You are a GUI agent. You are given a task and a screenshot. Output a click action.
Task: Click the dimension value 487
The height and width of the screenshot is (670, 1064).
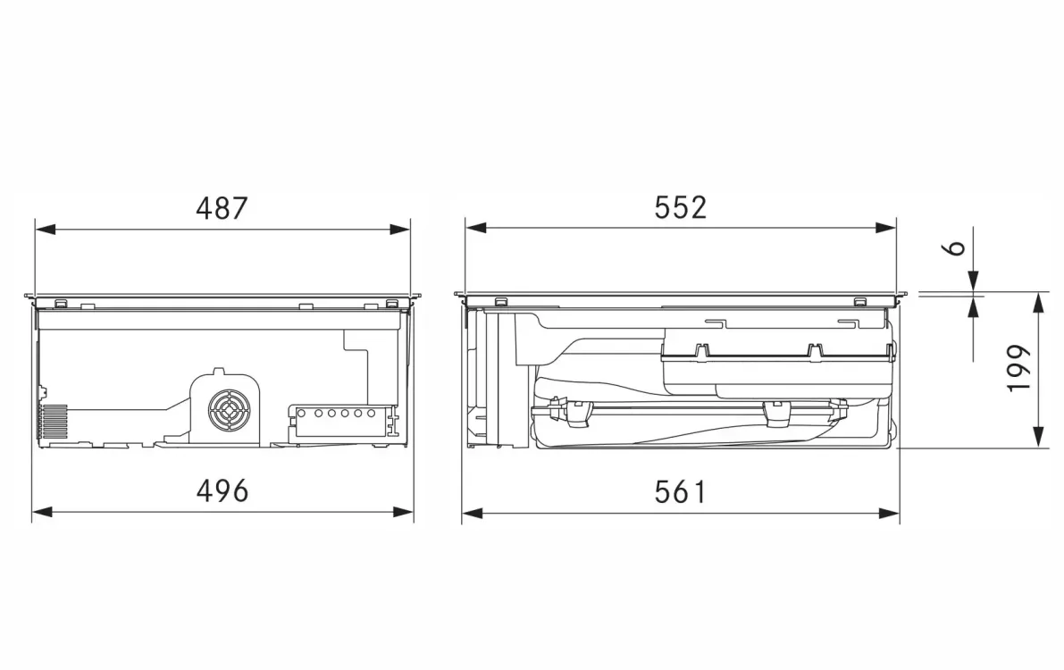(x=222, y=208)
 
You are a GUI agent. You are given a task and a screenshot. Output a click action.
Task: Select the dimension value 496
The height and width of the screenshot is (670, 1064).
(x=222, y=490)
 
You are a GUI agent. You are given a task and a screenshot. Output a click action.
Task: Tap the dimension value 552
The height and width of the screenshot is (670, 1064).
(x=681, y=208)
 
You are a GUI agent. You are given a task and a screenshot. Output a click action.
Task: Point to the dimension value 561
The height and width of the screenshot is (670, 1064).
(x=681, y=491)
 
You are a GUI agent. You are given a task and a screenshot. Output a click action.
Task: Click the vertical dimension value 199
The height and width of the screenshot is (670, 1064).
(x=1018, y=368)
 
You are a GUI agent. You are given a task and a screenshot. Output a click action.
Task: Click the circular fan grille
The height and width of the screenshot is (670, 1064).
(x=230, y=410)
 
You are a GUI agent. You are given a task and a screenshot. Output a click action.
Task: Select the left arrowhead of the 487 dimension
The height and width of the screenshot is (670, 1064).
(x=45, y=230)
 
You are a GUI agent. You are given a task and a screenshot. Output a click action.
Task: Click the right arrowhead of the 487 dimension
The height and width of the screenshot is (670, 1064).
(x=400, y=230)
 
